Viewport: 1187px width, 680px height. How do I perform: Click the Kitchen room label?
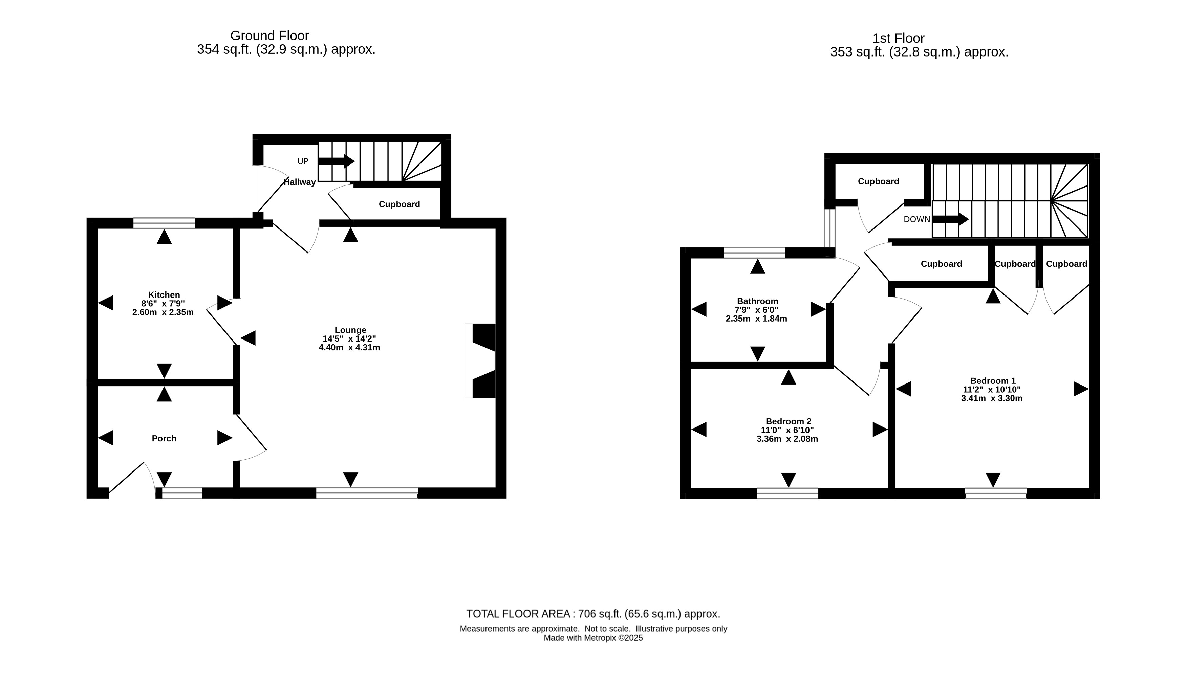[x=164, y=295]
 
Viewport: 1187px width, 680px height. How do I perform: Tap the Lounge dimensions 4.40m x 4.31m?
[x=349, y=348]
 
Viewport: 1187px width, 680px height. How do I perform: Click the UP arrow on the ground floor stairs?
[x=336, y=161]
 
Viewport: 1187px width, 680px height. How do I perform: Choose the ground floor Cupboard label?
[x=400, y=204]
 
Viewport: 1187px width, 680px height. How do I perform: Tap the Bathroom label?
[x=758, y=301]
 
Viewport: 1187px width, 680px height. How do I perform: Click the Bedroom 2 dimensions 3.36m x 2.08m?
[x=787, y=439]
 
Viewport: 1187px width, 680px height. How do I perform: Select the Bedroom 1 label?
[x=993, y=381]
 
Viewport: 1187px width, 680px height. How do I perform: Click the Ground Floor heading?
[x=269, y=36]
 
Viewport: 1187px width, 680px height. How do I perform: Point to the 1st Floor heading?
[x=898, y=38]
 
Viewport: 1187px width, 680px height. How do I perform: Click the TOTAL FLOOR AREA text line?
[x=593, y=614]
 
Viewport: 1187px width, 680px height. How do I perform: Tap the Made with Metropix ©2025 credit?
[x=593, y=638]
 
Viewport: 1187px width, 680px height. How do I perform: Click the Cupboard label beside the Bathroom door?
[x=941, y=264]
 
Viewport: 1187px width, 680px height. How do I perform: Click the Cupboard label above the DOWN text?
[x=878, y=181]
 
